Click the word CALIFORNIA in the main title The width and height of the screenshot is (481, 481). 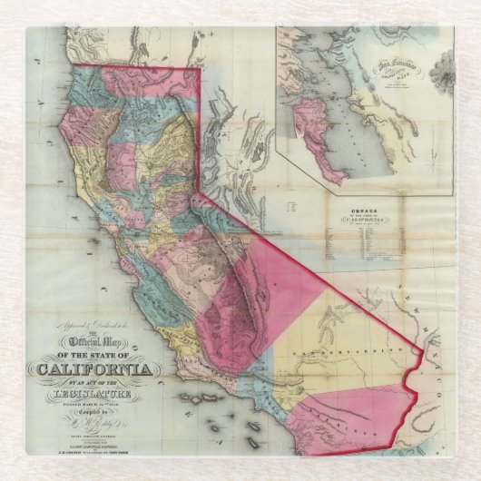coord(91,369)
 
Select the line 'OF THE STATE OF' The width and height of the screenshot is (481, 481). coord(91,355)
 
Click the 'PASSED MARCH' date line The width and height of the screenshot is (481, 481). coord(91,403)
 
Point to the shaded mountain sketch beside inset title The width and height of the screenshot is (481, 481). coord(443,69)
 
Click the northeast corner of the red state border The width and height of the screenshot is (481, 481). coord(198,67)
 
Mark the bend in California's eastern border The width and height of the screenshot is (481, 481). coord(199,191)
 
